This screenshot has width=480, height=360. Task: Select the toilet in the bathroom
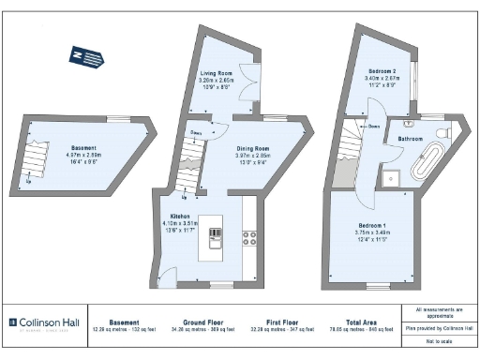[x=441, y=129]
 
